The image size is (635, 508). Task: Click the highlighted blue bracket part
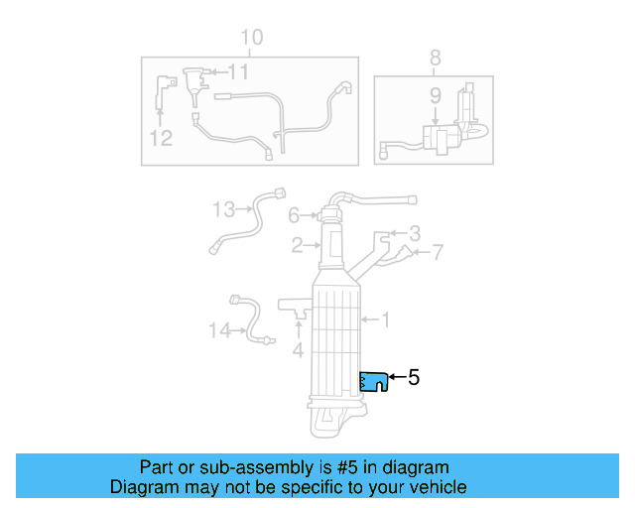point(373,381)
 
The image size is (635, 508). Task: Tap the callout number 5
point(414,377)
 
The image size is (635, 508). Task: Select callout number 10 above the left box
point(252,38)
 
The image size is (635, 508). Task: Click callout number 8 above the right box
point(435,59)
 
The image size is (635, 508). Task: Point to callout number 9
point(435,97)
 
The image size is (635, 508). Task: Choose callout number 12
point(162,138)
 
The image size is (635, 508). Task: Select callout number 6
point(294,215)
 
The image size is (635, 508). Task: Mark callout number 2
point(297,244)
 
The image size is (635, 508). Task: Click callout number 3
point(415,234)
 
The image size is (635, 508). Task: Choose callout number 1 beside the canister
point(386,319)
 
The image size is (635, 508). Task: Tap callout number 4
point(298,349)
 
